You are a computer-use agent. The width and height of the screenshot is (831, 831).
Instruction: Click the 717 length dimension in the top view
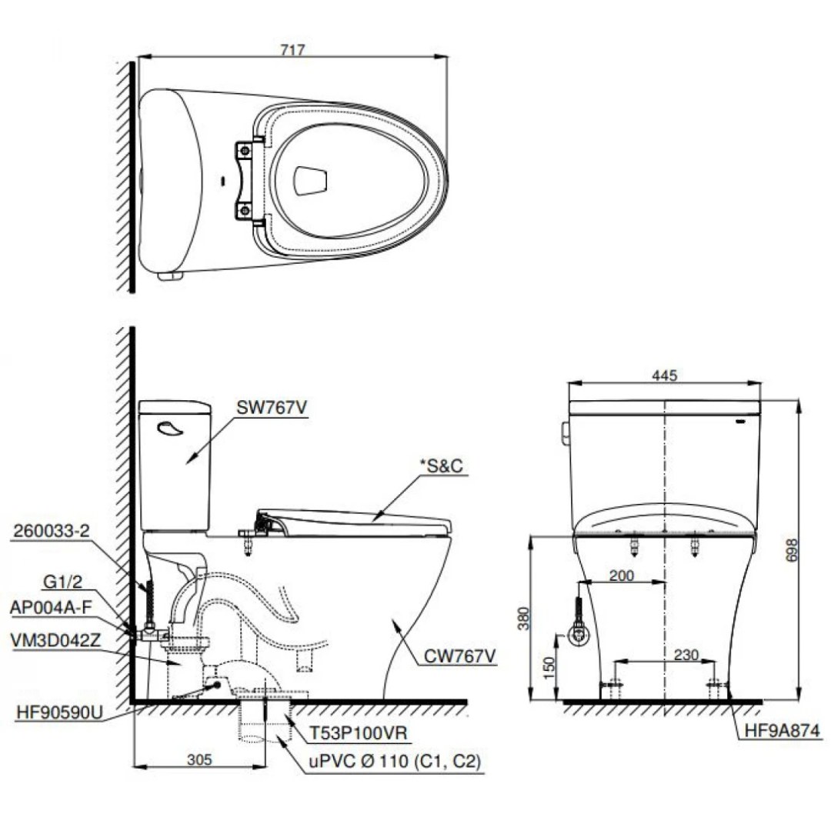(293, 49)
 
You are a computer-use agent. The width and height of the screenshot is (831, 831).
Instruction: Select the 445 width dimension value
(664, 375)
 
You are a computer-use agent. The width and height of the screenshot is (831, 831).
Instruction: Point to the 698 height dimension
(806, 549)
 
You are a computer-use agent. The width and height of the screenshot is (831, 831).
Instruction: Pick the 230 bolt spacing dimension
(685, 655)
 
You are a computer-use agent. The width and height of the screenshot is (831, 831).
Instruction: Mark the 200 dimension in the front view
(622, 576)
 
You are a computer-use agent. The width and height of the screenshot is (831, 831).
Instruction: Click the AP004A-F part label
(51, 606)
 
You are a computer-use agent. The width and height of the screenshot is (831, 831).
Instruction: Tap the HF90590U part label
(58, 713)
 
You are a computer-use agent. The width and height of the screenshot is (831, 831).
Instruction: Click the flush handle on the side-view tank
(168, 429)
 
